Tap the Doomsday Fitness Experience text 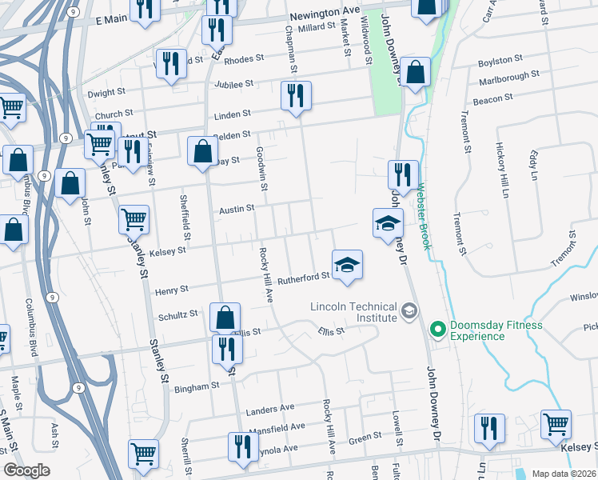pyautogui.click(x=496, y=330)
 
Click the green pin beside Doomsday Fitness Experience pyautogui.click(x=437, y=329)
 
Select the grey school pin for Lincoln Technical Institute pyautogui.click(x=409, y=310)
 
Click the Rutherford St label pyautogui.click(x=303, y=277)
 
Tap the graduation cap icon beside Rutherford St pyautogui.click(x=347, y=265)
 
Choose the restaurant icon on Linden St pyautogui.click(x=295, y=97)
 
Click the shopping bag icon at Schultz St pyautogui.click(x=225, y=318)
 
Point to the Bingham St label pyautogui.click(x=197, y=386)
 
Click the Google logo pyautogui.click(x=26, y=470)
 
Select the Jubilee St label pyautogui.click(x=233, y=82)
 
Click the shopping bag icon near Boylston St pyautogui.click(x=416, y=73)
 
